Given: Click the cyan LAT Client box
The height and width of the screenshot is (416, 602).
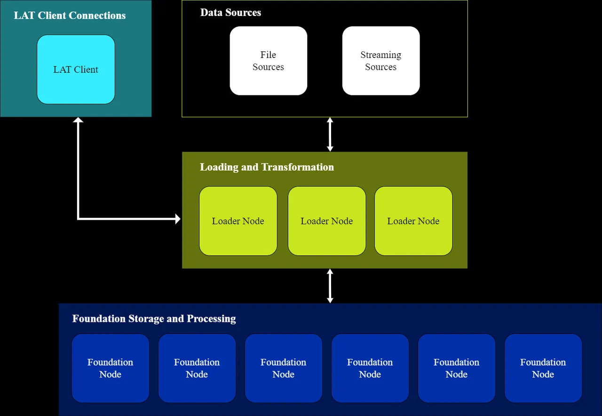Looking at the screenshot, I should click(76, 70).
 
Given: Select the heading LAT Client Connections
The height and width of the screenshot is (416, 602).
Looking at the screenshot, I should click(70, 16).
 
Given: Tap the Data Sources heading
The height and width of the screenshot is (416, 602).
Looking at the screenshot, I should click(230, 13).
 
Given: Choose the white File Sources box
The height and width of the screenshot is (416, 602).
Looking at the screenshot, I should click(268, 61).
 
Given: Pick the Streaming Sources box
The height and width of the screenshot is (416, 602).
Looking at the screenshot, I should click(380, 61).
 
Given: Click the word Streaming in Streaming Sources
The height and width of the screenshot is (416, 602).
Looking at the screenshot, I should click(380, 55).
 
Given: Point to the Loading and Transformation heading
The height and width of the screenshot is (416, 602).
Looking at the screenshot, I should click(267, 167).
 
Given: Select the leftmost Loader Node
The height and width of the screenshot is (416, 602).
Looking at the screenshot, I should click(238, 221).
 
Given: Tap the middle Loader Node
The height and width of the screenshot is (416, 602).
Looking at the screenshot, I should click(326, 221).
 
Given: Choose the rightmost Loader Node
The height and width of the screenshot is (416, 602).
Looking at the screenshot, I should click(413, 221).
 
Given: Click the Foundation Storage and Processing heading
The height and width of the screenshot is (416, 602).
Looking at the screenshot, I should click(154, 319).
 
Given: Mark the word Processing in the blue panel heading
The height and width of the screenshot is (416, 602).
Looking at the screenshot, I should click(211, 319).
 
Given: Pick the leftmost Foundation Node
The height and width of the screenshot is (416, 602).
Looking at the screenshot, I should click(110, 368).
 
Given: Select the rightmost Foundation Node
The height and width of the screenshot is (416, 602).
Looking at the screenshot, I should click(543, 368).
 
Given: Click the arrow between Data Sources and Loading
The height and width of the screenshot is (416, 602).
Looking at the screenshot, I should click(330, 135).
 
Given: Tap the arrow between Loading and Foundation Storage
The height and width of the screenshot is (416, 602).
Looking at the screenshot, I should click(330, 286).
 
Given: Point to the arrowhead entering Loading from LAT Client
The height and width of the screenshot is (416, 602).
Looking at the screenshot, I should click(178, 218).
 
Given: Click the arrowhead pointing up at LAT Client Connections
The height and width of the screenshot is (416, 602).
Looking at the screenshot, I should click(78, 120).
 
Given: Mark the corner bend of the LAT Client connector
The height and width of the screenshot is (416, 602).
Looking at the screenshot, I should click(78, 218).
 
